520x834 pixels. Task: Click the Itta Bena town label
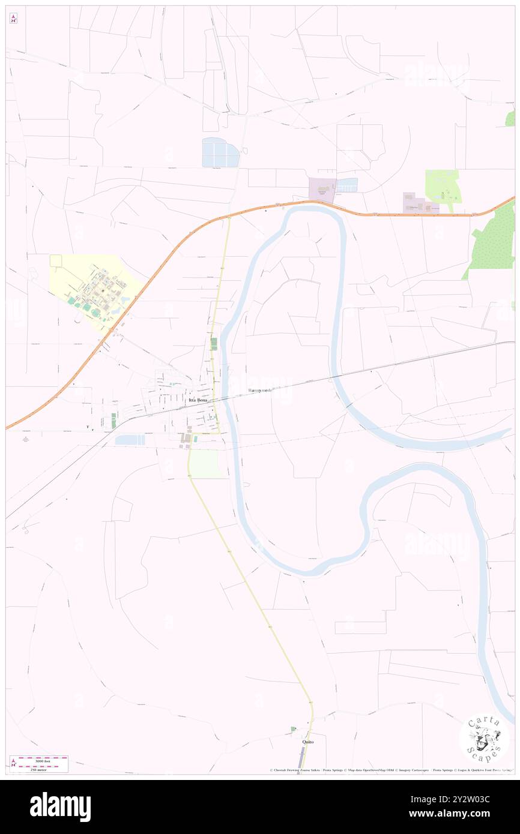(198, 400)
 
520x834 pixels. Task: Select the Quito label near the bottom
(307, 742)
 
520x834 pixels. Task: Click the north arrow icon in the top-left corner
(13, 19)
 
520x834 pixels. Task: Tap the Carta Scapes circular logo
(484, 738)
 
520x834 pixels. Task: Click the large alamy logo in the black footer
(60, 807)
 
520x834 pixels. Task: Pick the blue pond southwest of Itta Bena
(130, 440)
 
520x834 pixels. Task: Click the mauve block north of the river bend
(322, 190)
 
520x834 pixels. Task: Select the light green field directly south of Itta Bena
(205, 464)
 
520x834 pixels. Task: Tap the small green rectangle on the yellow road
(214, 343)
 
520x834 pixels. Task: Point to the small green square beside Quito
(293, 729)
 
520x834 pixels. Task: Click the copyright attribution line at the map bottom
(390, 770)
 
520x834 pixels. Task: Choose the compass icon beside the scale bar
(13, 763)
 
